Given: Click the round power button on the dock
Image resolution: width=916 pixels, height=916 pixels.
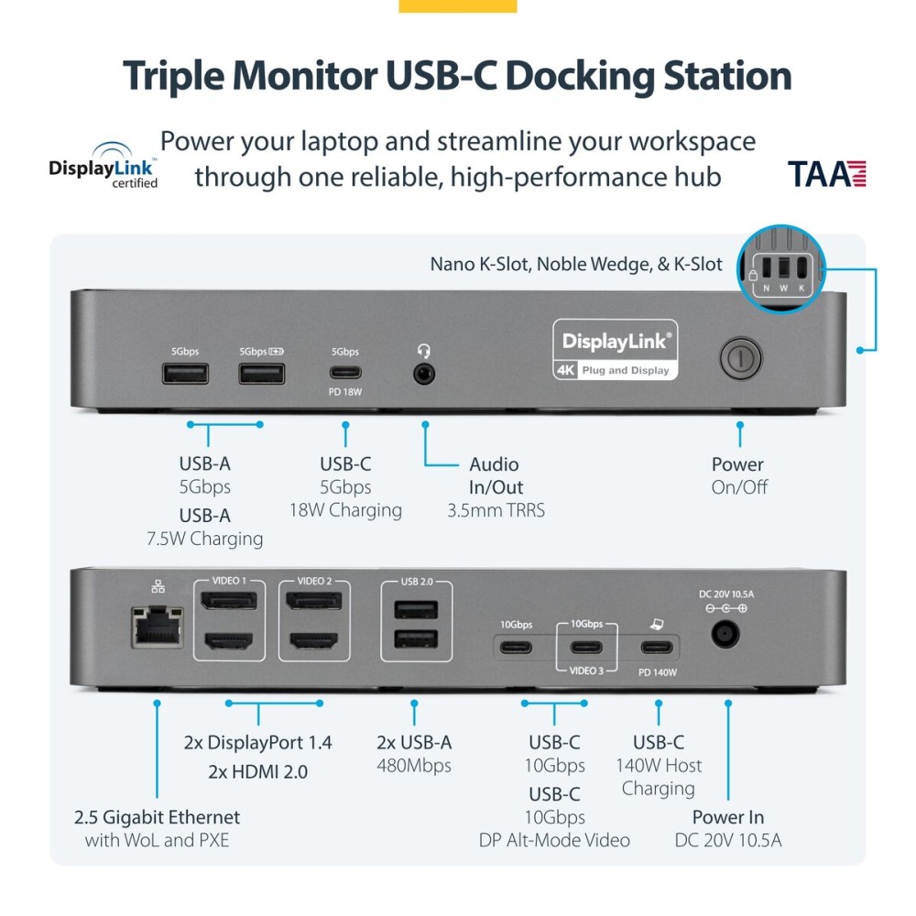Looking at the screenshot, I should click(x=739, y=358).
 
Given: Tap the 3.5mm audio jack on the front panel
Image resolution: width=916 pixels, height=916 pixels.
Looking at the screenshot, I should click(x=423, y=374).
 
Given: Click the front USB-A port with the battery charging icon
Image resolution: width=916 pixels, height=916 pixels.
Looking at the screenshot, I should click(x=261, y=373).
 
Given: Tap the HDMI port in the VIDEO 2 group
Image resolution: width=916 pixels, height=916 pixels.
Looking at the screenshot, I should click(x=316, y=642).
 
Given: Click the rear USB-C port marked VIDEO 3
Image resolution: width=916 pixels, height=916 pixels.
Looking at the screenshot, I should click(x=586, y=648).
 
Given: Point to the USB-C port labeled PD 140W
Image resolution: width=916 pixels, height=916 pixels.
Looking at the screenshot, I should click(x=659, y=648).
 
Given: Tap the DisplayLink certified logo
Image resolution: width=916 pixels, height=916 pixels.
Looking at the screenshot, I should click(x=104, y=164).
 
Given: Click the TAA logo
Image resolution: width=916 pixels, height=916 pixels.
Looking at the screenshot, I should click(x=826, y=173).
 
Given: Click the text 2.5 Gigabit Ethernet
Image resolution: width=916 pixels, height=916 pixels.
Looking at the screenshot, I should click(x=158, y=816).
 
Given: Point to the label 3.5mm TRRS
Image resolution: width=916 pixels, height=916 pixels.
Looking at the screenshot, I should click(x=496, y=510).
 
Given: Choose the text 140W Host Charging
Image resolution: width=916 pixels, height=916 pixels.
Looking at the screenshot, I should click(x=658, y=777).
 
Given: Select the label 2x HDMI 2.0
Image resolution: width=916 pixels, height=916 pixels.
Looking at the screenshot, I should click(x=258, y=771).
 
